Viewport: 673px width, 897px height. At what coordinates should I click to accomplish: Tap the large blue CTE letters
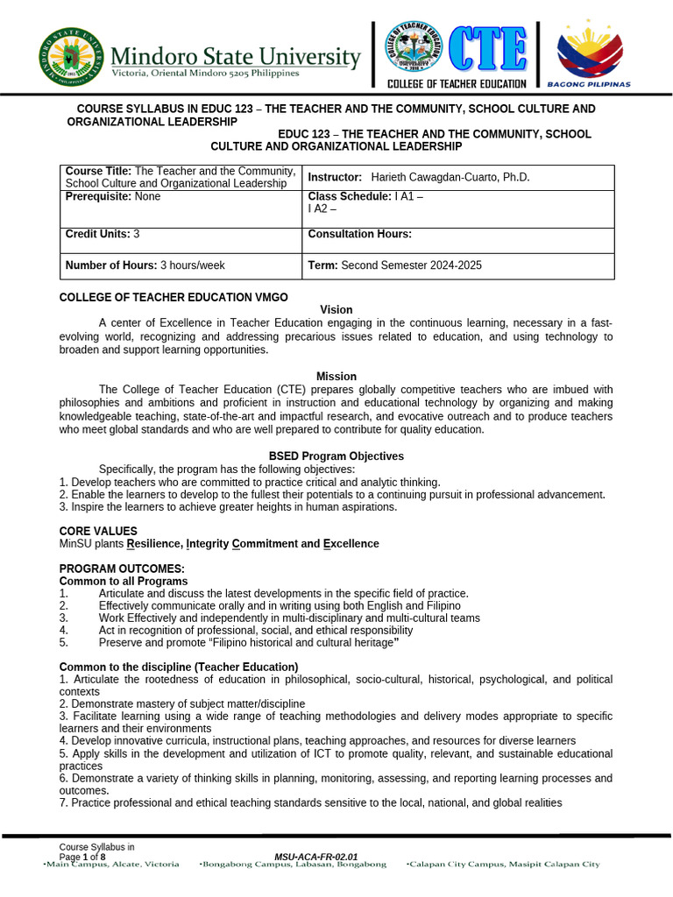[488, 49]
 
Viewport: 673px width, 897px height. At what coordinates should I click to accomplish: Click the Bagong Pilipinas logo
[590, 54]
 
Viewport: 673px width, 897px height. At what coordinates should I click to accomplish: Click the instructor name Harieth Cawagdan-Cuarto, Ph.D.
[450, 177]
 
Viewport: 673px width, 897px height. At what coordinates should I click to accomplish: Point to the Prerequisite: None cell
[113, 197]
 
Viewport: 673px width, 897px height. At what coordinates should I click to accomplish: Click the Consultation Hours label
[360, 234]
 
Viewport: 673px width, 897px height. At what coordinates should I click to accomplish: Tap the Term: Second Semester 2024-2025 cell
[395, 265]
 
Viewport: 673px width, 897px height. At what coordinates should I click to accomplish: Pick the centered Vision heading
[336, 310]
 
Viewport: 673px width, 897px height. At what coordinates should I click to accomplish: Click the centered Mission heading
[336, 377]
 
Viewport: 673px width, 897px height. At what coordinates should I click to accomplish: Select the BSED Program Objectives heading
[336, 456]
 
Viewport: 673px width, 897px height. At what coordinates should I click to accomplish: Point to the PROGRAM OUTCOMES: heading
[122, 569]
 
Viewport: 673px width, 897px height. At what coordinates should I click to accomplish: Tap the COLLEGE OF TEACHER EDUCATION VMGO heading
[173, 298]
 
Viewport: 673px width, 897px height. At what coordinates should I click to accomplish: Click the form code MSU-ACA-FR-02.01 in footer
[316, 857]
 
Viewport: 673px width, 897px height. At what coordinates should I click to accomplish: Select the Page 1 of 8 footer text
[86, 857]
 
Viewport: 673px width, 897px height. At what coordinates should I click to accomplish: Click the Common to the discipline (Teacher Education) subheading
[179, 667]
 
